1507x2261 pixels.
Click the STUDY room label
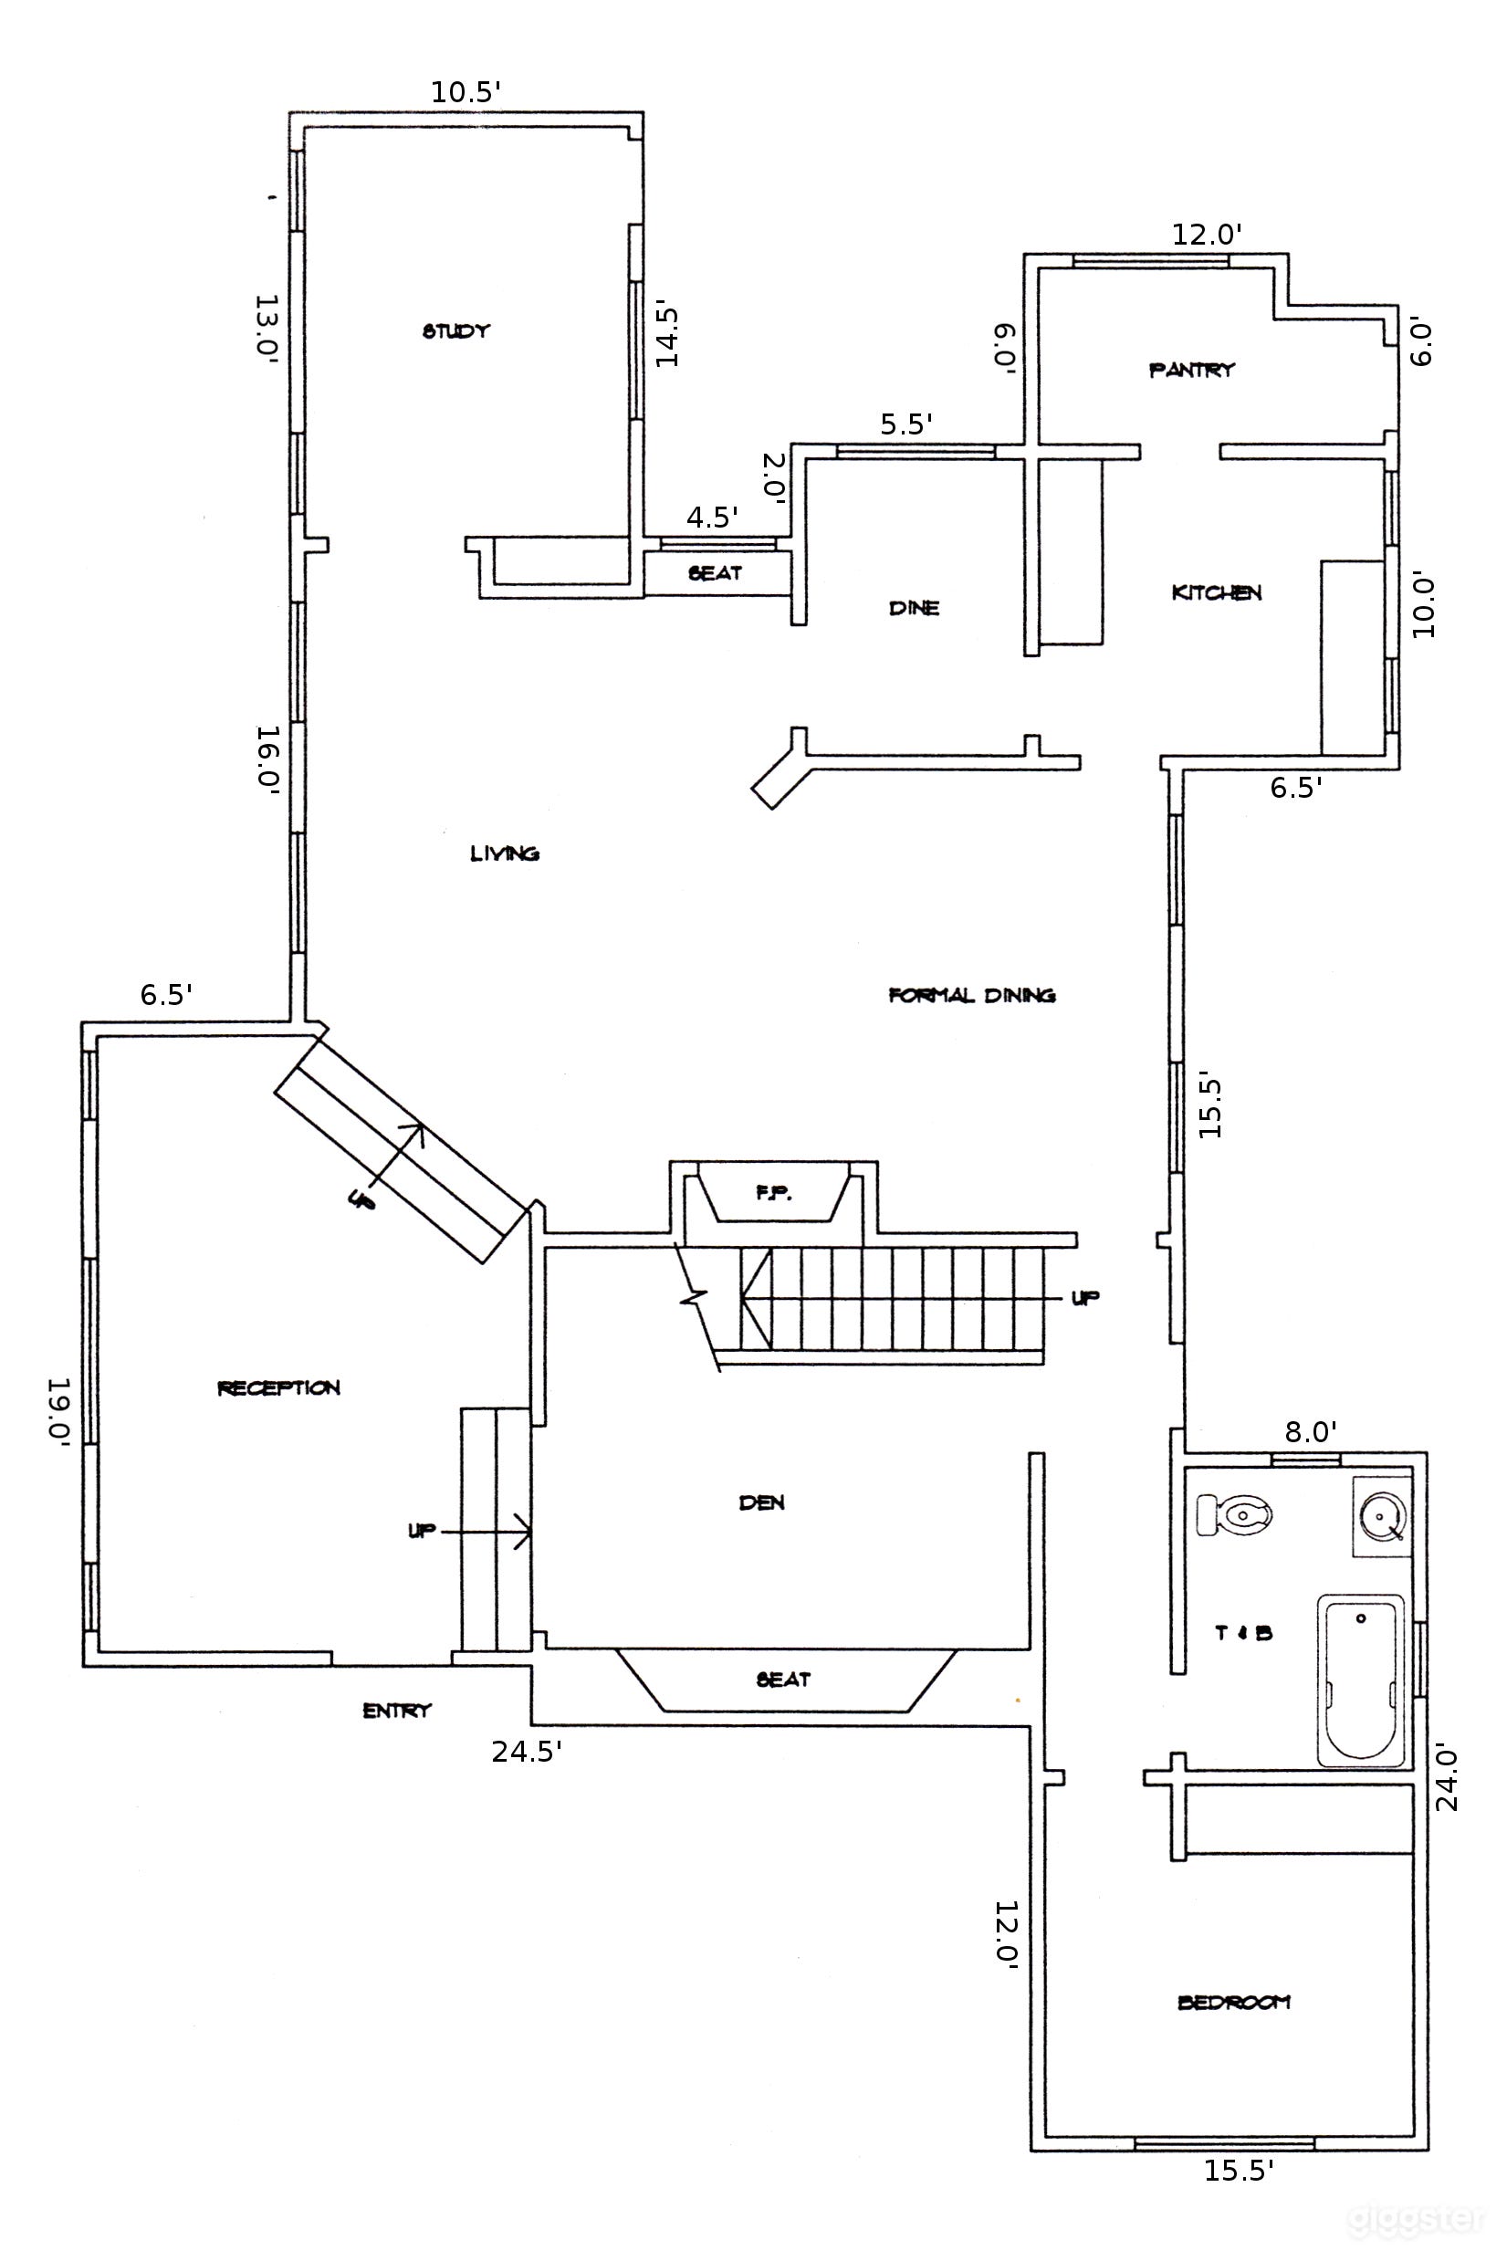456,330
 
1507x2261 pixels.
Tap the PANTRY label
1192,369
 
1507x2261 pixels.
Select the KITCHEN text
1216,593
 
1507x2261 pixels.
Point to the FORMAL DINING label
972,995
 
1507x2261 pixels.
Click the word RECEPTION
278,1387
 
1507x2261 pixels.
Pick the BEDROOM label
1234,2003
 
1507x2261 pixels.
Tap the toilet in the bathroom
1234,1515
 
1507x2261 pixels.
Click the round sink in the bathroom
1381,1516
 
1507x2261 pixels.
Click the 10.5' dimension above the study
466,92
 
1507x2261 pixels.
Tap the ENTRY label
397,1711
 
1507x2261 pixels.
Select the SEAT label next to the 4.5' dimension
715,573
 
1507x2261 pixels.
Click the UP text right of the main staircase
1086,1298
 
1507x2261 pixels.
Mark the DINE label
914,607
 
